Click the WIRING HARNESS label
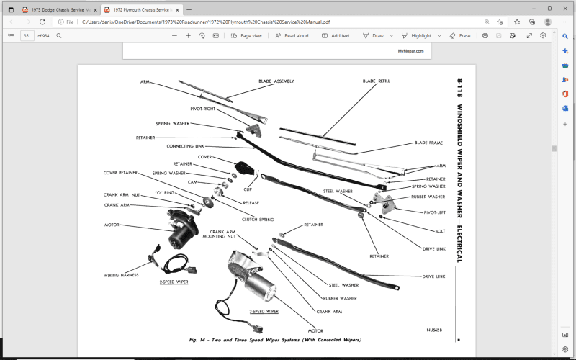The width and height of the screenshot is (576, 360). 120,275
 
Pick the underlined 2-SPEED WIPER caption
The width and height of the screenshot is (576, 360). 174,282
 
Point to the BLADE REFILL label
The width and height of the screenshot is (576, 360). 376,81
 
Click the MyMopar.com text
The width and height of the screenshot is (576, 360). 410,51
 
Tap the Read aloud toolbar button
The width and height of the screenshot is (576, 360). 292,35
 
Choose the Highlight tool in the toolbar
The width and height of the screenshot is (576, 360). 417,35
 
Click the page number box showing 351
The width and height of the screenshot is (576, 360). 27,35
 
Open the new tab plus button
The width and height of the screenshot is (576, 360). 189,10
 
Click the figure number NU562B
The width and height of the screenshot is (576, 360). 436,330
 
